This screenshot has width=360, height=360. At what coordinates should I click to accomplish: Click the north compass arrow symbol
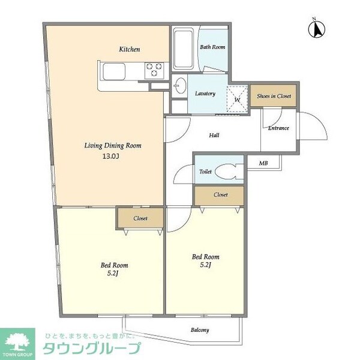(317, 29)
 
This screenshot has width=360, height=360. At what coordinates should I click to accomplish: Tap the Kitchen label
(129, 49)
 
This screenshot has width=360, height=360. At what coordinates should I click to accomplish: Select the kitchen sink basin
(114, 71)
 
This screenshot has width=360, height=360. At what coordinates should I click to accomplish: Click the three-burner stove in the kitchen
(154, 70)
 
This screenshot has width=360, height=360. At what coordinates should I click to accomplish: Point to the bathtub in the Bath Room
(183, 49)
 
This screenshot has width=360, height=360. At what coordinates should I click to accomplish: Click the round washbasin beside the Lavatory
(179, 85)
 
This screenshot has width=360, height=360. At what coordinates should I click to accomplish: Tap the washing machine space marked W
(238, 99)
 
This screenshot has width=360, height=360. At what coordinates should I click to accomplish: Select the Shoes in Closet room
(273, 96)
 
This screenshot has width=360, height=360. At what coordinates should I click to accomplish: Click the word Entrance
(278, 128)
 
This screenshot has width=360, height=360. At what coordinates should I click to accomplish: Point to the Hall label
(214, 135)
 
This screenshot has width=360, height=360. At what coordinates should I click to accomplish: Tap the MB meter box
(263, 163)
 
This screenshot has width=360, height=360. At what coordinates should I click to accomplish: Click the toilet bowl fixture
(228, 172)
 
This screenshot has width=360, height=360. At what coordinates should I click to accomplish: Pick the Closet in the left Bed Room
(140, 218)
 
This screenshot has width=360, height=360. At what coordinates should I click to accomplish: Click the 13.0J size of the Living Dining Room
(110, 157)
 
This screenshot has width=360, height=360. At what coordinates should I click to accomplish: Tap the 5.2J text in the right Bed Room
(205, 265)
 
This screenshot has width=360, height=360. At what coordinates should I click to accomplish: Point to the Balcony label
(200, 330)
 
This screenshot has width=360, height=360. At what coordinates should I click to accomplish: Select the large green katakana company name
(92, 348)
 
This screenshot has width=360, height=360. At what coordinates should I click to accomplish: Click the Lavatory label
(205, 94)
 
